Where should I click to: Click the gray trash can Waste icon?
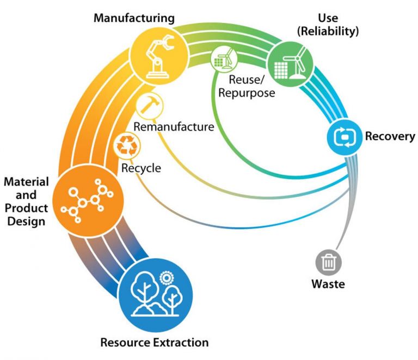(x=329, y=263)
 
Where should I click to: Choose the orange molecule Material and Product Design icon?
(x=82, y=200)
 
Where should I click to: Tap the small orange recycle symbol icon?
(x=127, y=145)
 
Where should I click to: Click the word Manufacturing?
(x=134, y=18)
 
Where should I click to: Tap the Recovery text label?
(x=390, y=136)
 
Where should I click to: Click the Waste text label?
(x=328, y=284)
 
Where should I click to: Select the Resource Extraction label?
(x=155, y=343)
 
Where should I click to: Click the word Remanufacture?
(x=173, y=128)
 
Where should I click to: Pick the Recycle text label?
(x=141, y=168)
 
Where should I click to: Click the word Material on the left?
(x=26, y=182)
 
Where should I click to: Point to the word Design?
(x=26, y=221)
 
